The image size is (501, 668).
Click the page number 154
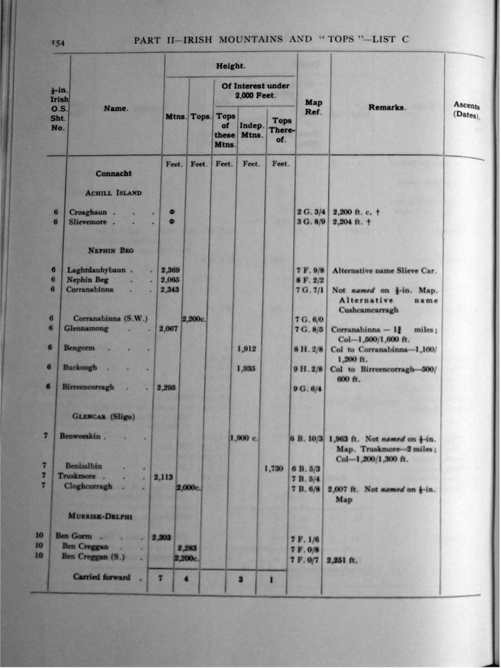click(58, 43)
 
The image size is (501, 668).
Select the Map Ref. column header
click(313, 107)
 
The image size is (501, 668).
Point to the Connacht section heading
click(114, 174)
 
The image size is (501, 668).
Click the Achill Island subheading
click(114, 193)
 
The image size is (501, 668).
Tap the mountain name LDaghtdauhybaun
click(100, 270)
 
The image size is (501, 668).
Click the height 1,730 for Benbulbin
click(274, 468)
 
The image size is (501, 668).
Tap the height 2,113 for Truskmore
click(162, 476)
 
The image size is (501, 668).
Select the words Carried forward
click(102, 577)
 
